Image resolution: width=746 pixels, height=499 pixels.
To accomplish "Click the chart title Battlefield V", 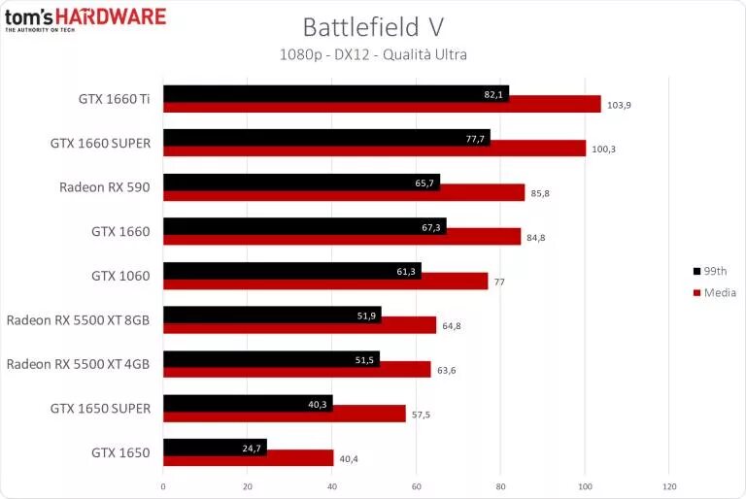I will [372, 26].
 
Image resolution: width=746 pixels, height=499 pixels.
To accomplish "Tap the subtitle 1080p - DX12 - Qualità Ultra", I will [372, 54].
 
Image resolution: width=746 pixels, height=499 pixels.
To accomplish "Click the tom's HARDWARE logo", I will [85, 18].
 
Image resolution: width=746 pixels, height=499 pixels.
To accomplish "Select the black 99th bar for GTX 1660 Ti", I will [335, 94].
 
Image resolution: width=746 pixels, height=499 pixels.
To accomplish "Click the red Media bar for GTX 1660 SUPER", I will [374, 148].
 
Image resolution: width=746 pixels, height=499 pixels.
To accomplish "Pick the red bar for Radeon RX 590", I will [344, 192].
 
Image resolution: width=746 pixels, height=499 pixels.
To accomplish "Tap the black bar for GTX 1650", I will [215, 448].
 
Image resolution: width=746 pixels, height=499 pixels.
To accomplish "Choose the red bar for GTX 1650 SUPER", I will [284, 414].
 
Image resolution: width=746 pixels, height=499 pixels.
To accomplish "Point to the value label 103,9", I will [620, 104].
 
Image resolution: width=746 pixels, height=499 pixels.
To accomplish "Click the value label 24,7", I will [252, 448].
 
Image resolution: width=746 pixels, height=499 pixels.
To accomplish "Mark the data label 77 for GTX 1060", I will [502, 282].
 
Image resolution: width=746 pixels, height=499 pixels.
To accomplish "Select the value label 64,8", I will [452, 325].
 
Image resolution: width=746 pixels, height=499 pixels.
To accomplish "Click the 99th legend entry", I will [713, 271].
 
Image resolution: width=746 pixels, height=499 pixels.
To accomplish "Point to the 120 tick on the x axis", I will [668, 485].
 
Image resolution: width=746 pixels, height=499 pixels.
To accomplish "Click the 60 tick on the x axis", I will [416, 485].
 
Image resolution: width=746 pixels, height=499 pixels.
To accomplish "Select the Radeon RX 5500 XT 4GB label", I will [79, 364].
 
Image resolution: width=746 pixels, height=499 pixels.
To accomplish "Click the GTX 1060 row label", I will [120, 276].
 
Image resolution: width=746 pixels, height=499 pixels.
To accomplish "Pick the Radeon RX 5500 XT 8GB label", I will [79, 319].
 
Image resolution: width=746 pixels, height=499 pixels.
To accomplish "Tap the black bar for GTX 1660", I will [304, 226].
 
